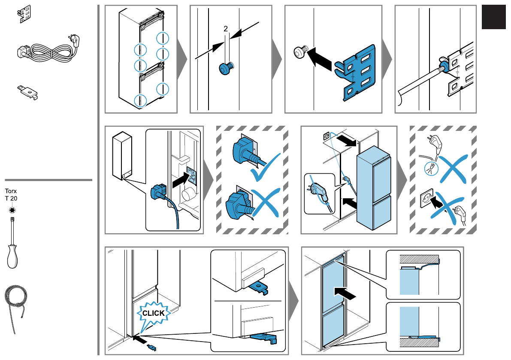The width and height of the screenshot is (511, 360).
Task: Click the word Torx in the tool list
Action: click(11, 191)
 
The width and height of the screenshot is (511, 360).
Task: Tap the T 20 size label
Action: click(11, 198)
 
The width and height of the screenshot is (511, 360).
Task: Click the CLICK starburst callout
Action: click(153, 313)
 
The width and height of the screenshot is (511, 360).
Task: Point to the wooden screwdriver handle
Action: click(13, 257)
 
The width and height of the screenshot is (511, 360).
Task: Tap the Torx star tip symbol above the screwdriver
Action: click(11, 209)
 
